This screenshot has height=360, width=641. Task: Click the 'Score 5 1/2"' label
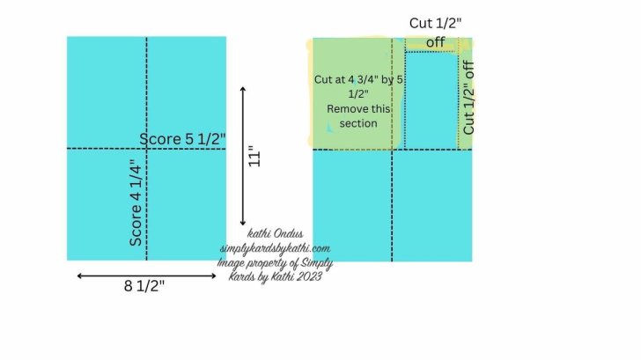pos(183,139)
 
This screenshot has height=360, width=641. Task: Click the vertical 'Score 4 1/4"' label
pos(136,202)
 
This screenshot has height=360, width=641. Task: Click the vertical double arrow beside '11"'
pos(243,156)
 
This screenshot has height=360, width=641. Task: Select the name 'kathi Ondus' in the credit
pos(276,234)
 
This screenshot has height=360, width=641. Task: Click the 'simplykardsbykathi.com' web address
pos(275,248)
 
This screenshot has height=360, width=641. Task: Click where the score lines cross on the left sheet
pos(146,149)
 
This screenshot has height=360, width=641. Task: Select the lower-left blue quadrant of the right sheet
pos(352,205)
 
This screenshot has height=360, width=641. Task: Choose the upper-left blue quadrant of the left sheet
pos(107,92)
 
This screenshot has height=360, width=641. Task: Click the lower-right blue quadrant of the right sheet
pos(432,205)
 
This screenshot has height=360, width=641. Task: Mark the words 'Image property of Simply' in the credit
pos(273,263)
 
